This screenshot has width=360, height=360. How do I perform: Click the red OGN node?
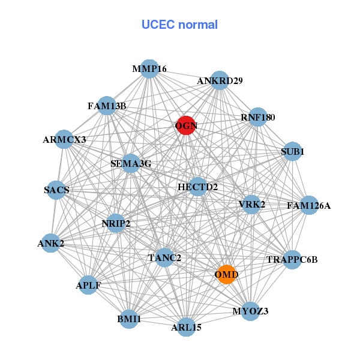[x=186, y=125]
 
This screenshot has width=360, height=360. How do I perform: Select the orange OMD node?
[x=226, y=274]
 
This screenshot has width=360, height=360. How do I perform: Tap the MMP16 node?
[x=149, y=69]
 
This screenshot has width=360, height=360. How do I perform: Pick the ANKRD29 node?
[x=220, y=80]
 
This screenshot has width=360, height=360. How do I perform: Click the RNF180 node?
[x=257, y=118]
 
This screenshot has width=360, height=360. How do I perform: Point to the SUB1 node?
[x=292, y=152]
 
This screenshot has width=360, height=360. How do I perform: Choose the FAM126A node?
[x=308, y=206]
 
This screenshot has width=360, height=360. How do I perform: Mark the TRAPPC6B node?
[x=292, y=260]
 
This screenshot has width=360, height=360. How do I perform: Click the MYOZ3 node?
[x=250, y=311]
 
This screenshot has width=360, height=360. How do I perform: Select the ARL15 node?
[x=186, y=327]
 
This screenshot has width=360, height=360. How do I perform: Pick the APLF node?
[x=88, y=285]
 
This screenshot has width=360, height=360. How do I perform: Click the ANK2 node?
[x=51, y=243]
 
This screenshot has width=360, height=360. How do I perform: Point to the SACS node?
[x=56, y=190]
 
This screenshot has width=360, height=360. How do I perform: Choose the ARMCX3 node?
[x=64, y=140]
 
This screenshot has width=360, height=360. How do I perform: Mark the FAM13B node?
[x=107, y=106]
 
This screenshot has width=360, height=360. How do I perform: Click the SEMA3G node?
[x=131, y=163]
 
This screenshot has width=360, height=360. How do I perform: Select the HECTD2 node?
[x=197, y=187]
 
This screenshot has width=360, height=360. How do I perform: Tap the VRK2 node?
[x=251, y=205]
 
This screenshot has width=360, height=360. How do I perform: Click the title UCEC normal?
[x=179, y=25]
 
